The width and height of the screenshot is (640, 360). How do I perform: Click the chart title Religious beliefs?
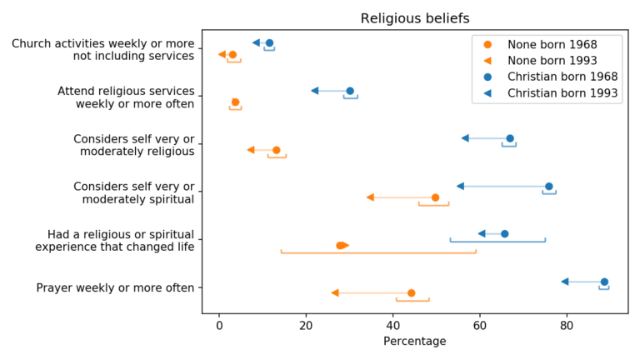click(414, 18)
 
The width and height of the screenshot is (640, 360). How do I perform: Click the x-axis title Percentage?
click(414, 342)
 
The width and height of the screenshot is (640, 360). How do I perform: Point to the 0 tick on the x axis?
click(219, 326)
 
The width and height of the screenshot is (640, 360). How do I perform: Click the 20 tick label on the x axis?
click(306, 326)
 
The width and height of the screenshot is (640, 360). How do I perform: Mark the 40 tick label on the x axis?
click(392, 326)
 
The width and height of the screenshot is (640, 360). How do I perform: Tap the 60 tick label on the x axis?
click(480, 326)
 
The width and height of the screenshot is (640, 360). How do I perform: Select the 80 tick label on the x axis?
click(567, 326)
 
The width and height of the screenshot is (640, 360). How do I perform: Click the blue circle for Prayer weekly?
click(604, 282)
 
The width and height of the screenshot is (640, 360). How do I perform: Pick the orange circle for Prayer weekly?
click(412, 293)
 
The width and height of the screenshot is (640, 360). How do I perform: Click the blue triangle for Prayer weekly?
click(565, 282)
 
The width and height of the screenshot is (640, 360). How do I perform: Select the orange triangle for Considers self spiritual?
click(370, 197)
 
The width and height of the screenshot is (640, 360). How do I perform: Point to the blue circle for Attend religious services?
click(350, 91)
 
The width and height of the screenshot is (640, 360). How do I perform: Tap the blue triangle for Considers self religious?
click(465, 138)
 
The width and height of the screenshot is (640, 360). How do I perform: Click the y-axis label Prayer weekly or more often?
click(115, 288)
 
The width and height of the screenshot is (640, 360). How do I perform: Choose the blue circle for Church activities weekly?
click(269, 43)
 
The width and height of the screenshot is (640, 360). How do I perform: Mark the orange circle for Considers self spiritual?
click(435, 197)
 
